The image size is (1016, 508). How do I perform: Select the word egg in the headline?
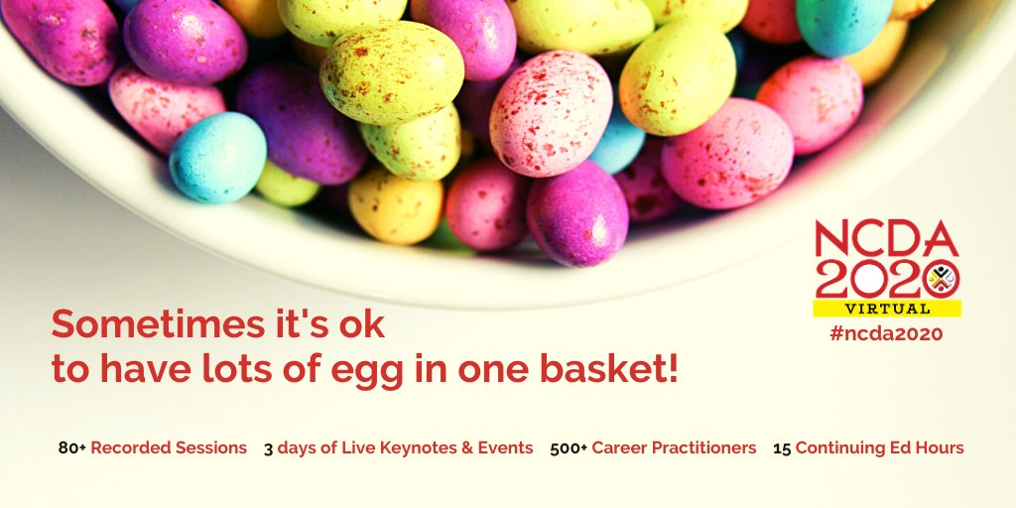click(x=389, y=369)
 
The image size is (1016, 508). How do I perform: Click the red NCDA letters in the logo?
click(x=886, y=240)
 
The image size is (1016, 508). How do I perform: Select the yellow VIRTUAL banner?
click(x=886, y=308)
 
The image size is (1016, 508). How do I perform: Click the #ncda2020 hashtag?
click(x=886, y=334)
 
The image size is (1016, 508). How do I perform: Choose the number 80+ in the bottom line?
click(x=71, y=448)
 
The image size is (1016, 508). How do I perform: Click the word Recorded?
click(x=129, y=448)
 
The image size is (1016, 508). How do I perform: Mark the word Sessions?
click(x=209, y=448)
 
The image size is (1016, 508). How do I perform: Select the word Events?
click(x=507, y=448)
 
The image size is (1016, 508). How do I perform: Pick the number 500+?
click(x=569, y=448)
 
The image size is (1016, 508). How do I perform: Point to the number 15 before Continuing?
click(x=782, y=448)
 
